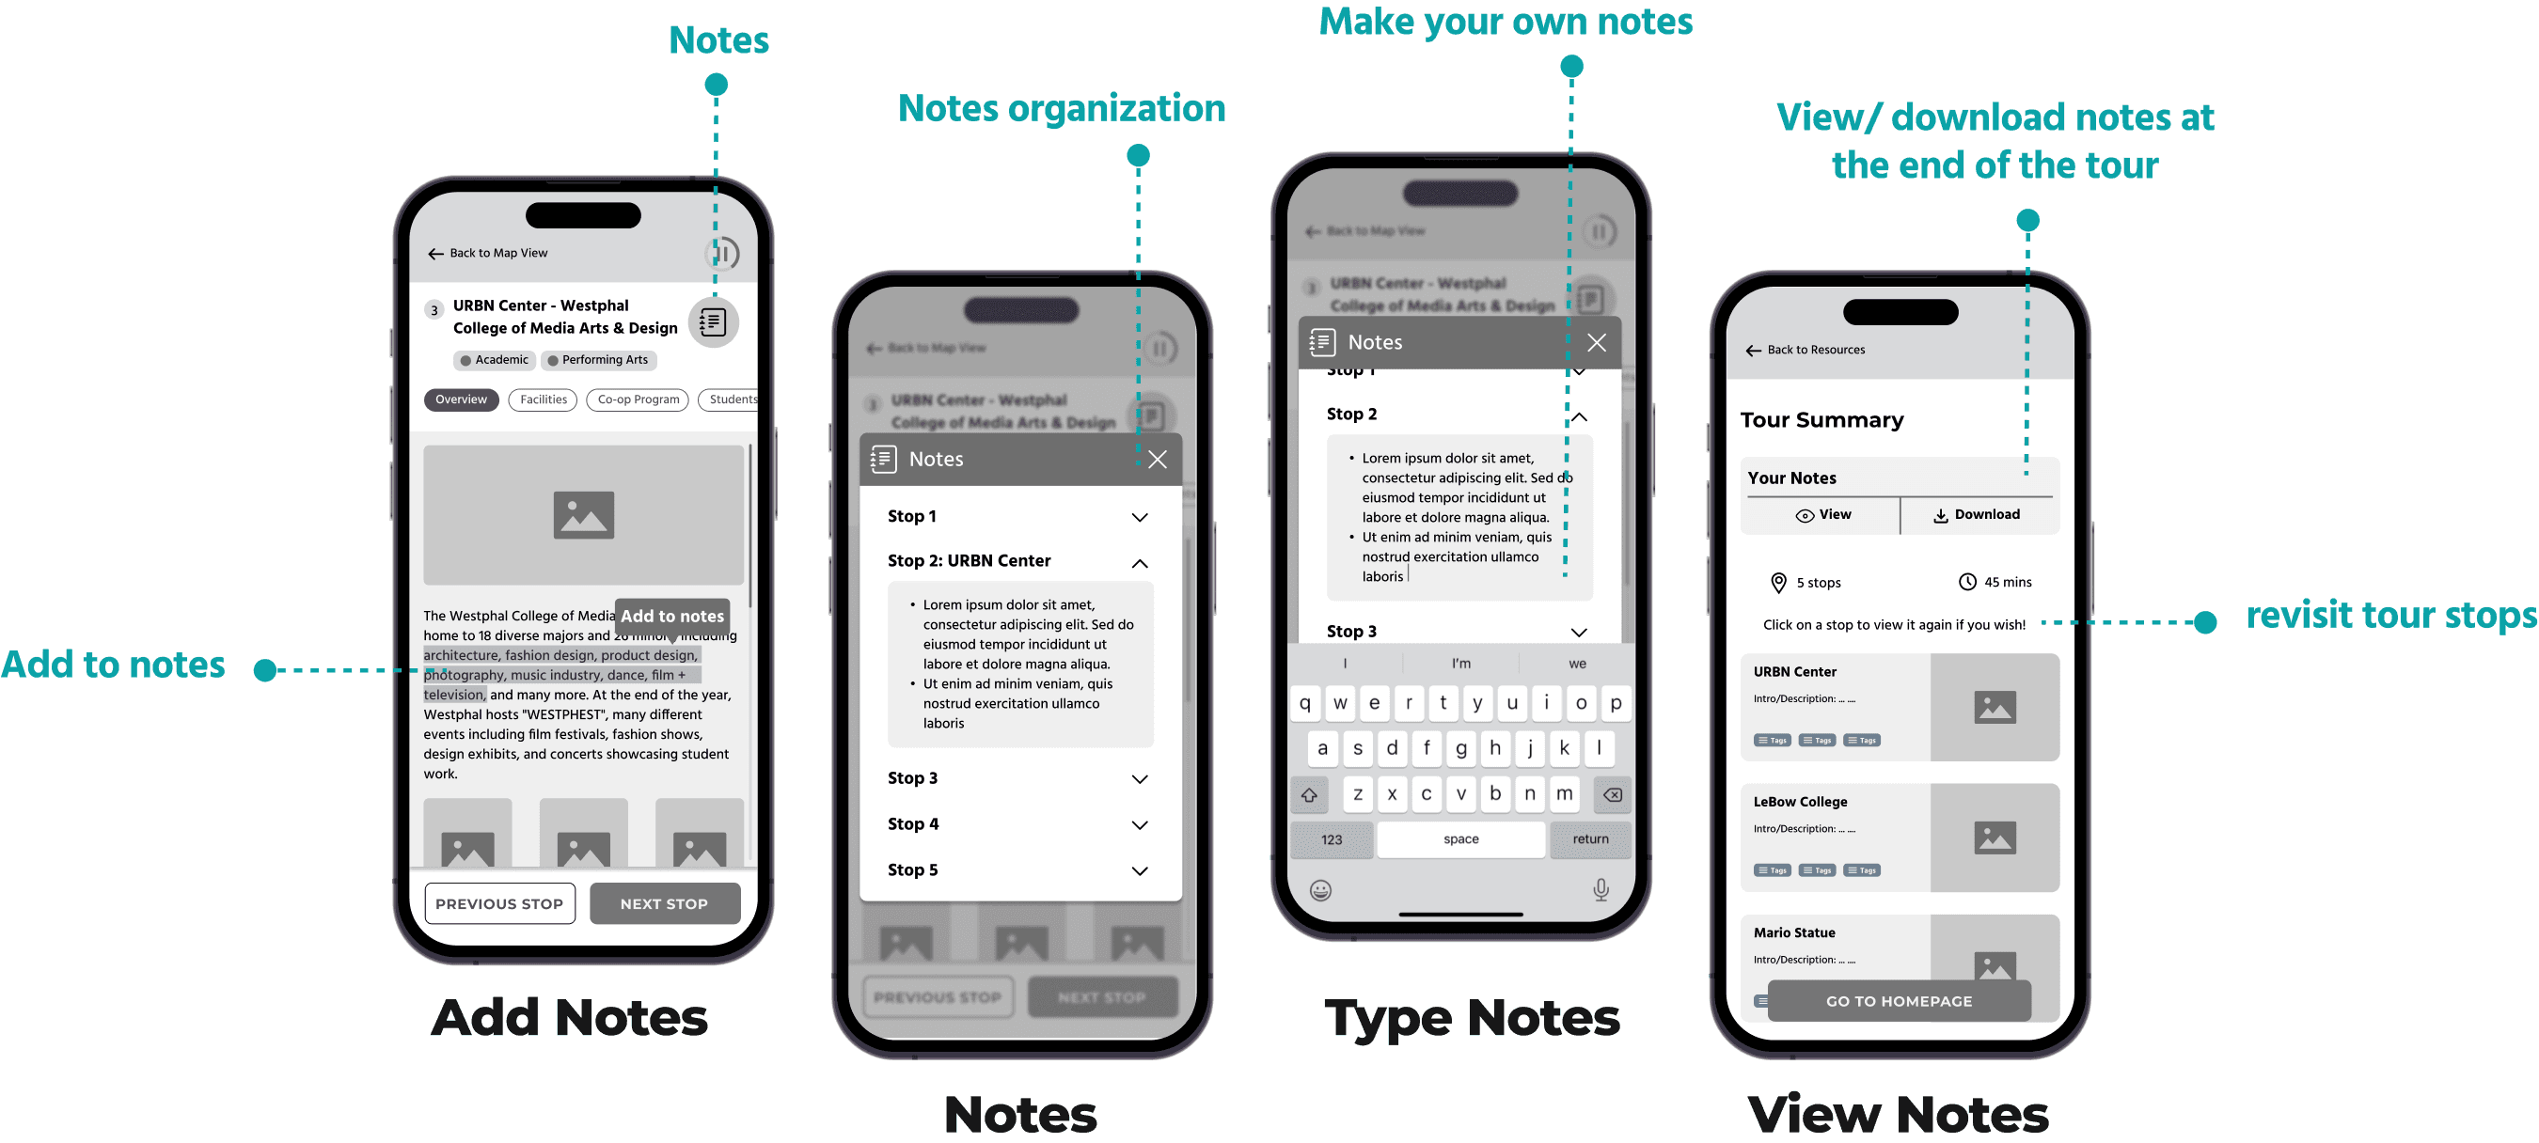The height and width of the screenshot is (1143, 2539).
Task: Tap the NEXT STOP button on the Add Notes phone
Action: (x=664, y=903)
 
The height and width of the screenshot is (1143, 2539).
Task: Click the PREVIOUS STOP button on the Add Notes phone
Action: (x=499, y=903)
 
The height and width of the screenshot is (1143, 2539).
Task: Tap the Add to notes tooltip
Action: (x=672, y=616)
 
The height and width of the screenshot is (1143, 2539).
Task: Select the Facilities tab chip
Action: (x=544, y=399)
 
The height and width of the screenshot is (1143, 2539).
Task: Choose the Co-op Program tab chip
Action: (x=638, y=399)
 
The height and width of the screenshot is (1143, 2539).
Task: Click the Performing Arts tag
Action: (x=598, y=360)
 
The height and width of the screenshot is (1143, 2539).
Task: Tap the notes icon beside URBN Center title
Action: (x=713, y=321)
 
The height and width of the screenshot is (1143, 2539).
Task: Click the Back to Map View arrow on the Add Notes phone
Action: (x=435, y=253)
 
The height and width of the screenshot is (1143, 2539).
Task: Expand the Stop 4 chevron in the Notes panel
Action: (x=1140, y=824)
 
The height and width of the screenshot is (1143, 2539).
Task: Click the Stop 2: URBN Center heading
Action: (x=969, y=560)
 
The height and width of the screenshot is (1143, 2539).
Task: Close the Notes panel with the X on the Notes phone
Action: (x=1158, y=459)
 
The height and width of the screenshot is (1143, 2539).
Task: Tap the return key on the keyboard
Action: (x=1590, y=839)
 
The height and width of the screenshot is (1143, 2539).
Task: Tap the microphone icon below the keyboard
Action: (x=1601, y=890)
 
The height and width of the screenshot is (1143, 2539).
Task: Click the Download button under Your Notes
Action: (x=1978, y=514)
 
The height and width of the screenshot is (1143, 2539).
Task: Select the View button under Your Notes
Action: (x=1823, y=514)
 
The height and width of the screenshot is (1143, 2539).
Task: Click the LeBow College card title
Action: (x=1800, y=802)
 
